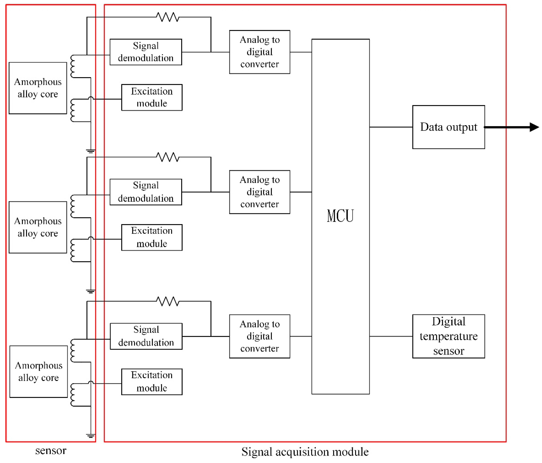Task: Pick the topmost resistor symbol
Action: tap(168, 17)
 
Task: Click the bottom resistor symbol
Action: tap(168, 301)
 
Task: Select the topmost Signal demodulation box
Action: tap(146, 52)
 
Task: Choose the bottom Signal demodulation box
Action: tap(146, 336)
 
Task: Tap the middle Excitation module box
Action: tap(152, 237)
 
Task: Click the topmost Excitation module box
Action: tap(152, 97)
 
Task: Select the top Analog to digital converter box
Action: tap(259, 52)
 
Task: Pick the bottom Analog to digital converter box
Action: tap(259, 336)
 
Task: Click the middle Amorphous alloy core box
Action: tap(38, 227)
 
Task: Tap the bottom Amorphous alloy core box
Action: tap(39, 371)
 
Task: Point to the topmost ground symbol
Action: tap(90, 151)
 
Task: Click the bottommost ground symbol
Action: tap(90, 436)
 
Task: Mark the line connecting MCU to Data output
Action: tap(391, 127)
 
